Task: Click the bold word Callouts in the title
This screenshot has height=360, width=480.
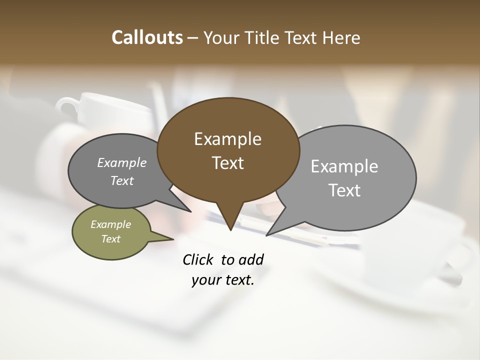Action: [147, 37]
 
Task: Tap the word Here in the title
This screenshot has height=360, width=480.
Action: [341, 37]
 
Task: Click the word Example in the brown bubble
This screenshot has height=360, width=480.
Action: [227, 139]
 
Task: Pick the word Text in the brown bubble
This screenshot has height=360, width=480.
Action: [227, 163]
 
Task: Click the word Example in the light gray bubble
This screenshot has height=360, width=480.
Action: [344, 166]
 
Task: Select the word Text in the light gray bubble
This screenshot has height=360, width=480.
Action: [344, 190]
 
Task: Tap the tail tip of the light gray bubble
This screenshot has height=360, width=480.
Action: [267, 234]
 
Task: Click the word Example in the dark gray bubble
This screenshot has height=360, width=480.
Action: [122, 163]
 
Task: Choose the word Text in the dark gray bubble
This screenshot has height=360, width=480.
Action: [122, 181]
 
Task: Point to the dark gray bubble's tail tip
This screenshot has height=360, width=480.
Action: [190, 211]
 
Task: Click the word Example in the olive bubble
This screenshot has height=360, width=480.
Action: [111, 224]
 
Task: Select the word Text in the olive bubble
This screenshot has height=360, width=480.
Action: [111, 239]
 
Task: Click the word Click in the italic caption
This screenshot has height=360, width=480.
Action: [198, 259]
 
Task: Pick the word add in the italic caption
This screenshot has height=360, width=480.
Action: [251, 259]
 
